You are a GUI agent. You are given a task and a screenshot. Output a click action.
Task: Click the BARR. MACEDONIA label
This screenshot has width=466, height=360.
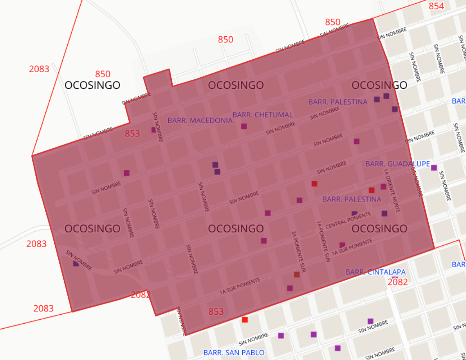click(200, 120)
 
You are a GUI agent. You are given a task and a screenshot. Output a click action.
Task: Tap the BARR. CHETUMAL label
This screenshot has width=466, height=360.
click(262, 115)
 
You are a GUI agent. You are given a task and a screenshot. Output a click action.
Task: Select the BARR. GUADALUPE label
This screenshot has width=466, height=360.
click(397, 164)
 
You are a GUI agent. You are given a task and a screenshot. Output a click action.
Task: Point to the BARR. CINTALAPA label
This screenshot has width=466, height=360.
click(375, 272)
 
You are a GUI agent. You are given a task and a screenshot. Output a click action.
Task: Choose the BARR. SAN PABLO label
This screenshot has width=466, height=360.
click(234, 352)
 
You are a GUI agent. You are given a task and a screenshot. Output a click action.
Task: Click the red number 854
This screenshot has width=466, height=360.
click(436, 6)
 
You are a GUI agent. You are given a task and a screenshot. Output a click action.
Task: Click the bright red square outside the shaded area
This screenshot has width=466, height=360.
click(244, 320)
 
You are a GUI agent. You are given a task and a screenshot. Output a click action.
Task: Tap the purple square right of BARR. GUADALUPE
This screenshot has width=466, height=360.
click(434, 168)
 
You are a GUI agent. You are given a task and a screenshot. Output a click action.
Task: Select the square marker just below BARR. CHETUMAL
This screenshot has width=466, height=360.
click(244, 126)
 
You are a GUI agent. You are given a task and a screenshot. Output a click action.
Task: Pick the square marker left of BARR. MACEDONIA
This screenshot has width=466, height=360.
click(154, 130)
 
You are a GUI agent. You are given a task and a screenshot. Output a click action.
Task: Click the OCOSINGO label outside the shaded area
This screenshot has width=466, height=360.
click(92, 85)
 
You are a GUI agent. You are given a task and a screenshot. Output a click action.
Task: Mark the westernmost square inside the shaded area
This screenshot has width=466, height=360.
click(76, 264)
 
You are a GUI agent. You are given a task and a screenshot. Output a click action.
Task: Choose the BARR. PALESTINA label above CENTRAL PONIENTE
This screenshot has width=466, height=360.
click(352, 199)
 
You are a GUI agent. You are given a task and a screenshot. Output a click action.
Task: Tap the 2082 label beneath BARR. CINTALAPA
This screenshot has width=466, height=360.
click(397, 282)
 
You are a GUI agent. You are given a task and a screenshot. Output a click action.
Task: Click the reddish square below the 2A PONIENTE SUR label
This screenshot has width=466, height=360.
click(296, 274)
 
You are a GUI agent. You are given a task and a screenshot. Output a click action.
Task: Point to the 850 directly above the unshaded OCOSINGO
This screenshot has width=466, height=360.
click(102, 74)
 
